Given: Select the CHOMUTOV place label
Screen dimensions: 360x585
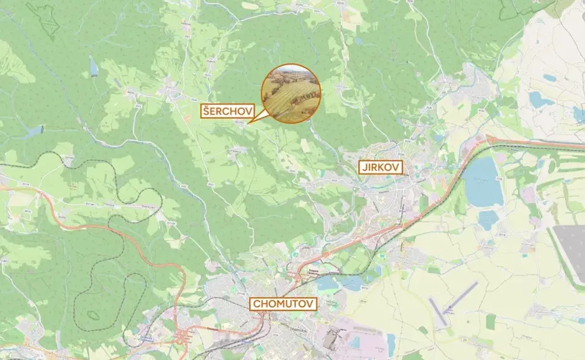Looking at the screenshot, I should (x=284, y=304).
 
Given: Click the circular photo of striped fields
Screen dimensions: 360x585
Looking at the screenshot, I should (x=290, y=92).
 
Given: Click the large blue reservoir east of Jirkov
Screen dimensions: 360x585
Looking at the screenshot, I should (x=483, y=182).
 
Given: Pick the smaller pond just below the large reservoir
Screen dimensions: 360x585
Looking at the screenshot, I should (x=487, y=220).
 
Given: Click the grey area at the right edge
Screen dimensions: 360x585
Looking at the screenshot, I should (x=573, y=254).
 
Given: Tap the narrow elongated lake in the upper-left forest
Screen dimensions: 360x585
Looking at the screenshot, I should (x=94, y=68).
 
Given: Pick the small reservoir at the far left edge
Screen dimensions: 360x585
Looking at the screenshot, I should (x=34, y=132).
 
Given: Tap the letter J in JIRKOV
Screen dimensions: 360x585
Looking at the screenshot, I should (x=362, y=165).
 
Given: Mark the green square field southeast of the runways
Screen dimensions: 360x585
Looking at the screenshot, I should (x=490, y=320).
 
